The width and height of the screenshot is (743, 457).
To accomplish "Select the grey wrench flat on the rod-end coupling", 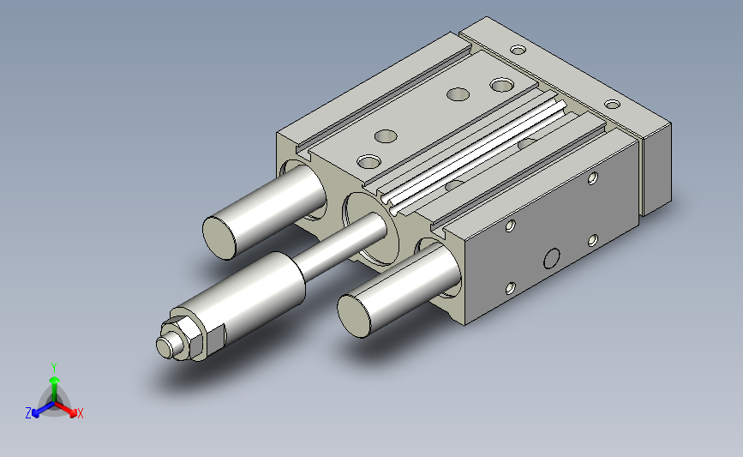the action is (x=216, y=338).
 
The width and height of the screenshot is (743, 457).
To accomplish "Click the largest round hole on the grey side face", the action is (x=552, y=259).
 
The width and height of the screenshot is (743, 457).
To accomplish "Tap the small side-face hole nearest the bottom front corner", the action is (x=510, y=288).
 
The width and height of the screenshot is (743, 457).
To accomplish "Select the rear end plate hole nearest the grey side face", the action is (x=613, y=104).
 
